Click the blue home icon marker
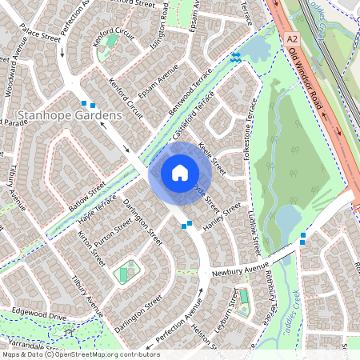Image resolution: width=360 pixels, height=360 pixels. click(180, 172)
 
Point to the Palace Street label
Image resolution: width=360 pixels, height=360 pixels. click(40, 37)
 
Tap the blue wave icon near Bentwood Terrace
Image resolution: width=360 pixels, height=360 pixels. click(235, 57)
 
